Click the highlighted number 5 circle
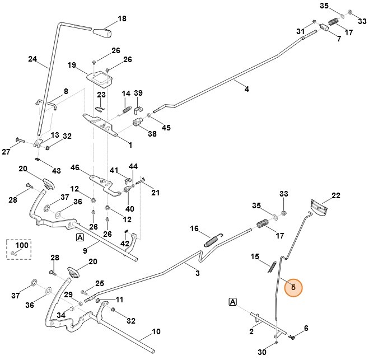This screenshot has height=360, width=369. (x=291, y=288)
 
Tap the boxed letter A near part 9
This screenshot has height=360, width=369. (x=80, y=237)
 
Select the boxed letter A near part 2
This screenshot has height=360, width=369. (x=232, y=302)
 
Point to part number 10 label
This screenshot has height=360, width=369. (x=156, y=331)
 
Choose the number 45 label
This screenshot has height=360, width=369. (x=166, y=128)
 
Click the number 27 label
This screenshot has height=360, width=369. (x=6, y=152)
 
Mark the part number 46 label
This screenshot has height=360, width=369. (x=75, y=167)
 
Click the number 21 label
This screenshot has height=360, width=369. (x=155, y=193)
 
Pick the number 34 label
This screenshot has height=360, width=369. (x=61, y=315)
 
